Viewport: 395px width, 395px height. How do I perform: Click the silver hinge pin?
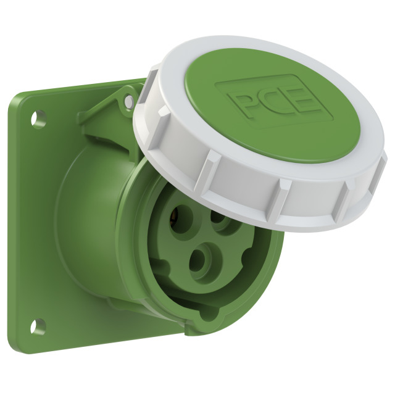pyautogui.click(x=129, y=101)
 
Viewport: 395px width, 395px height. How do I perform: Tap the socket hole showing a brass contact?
pyautogui.click(x=180, y=218)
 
